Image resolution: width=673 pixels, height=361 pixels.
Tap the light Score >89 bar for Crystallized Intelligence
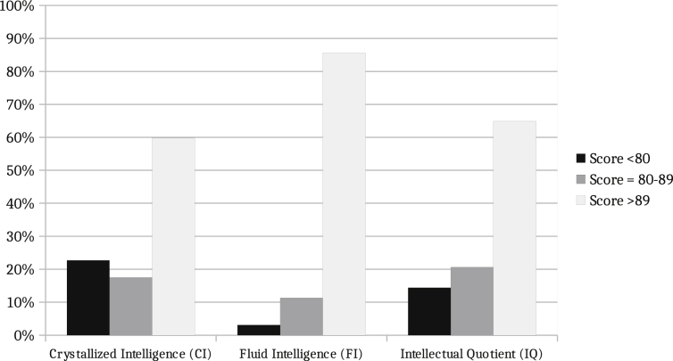173,237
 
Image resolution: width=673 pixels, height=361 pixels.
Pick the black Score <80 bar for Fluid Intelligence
259,330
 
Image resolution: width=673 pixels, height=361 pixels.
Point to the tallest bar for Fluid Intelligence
344,194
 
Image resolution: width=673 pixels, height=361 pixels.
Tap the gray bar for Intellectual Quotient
472,301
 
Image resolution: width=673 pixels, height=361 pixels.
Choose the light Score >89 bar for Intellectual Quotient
514,228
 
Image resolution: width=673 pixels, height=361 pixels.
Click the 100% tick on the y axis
19,6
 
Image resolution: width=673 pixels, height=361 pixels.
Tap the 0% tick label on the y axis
24,335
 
